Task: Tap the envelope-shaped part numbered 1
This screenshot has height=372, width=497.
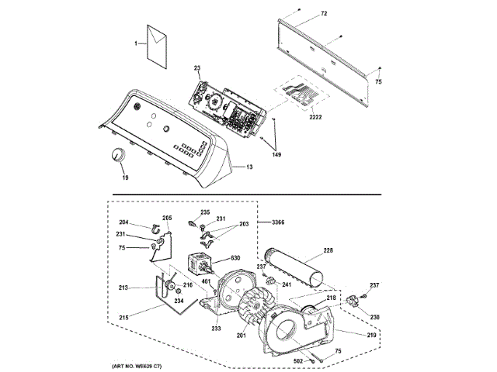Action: click(157, 46)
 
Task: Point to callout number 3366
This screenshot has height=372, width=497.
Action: click(278, 222)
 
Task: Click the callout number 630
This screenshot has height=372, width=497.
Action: click(235, 258)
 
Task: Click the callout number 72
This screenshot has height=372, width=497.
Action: click(324, 14)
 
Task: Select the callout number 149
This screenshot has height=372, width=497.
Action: click(276, 155)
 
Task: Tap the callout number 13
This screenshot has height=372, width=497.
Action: click(249, 167)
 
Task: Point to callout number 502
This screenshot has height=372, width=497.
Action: click(298, 361)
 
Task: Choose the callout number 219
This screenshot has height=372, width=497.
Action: click(371, 335)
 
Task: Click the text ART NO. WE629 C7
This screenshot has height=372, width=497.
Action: click(137, 367)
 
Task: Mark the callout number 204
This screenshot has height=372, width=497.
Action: click(123, 222)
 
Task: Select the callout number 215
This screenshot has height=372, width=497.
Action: click(123, 317)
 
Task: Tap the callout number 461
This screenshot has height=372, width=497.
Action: click(207, 281)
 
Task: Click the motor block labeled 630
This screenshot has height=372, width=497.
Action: click(200, 263)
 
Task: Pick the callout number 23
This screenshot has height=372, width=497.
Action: click(197, 67)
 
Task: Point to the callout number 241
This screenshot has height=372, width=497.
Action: click(287, 284)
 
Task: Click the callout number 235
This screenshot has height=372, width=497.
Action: click(205, 212)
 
